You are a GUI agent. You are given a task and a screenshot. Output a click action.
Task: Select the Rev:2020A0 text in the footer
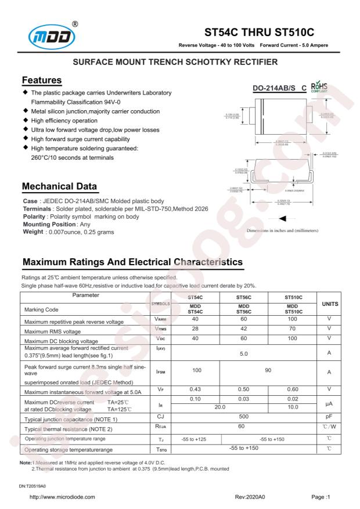[x=250, y=497]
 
